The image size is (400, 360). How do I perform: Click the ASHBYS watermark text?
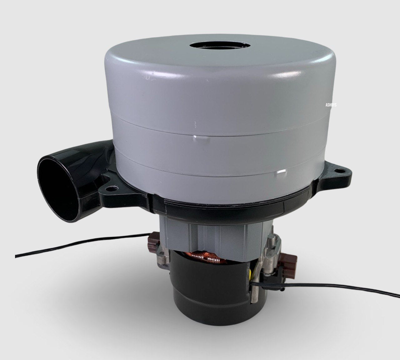331,105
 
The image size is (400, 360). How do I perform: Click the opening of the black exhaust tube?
57,188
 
